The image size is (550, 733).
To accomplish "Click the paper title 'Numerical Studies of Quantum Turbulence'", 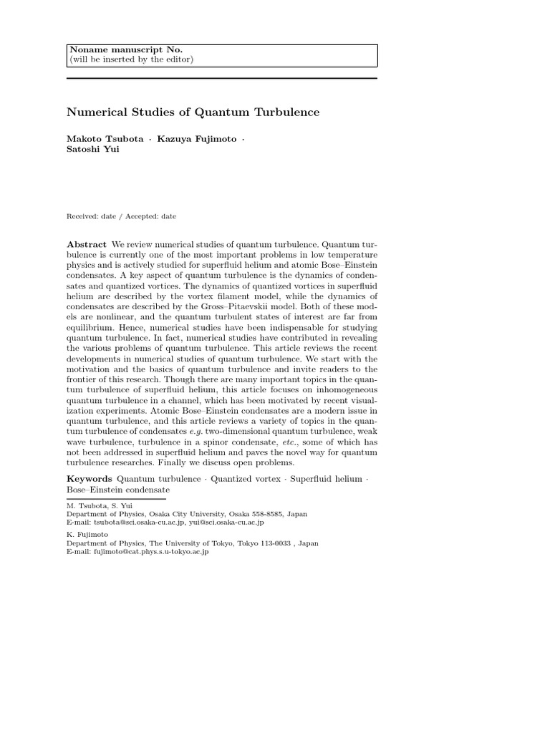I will coord(193,112).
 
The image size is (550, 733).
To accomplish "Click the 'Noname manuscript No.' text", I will coord(125,49).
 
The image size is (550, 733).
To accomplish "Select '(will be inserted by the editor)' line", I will coord(131,59).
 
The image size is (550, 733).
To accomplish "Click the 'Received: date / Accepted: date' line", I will coord(121,216).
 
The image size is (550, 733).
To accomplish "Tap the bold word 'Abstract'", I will coord(87,244).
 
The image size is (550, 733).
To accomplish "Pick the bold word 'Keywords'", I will coord(90,477).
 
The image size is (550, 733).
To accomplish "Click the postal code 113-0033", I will coord(275,543).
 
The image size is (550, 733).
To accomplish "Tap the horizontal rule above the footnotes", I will coord(117,498).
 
